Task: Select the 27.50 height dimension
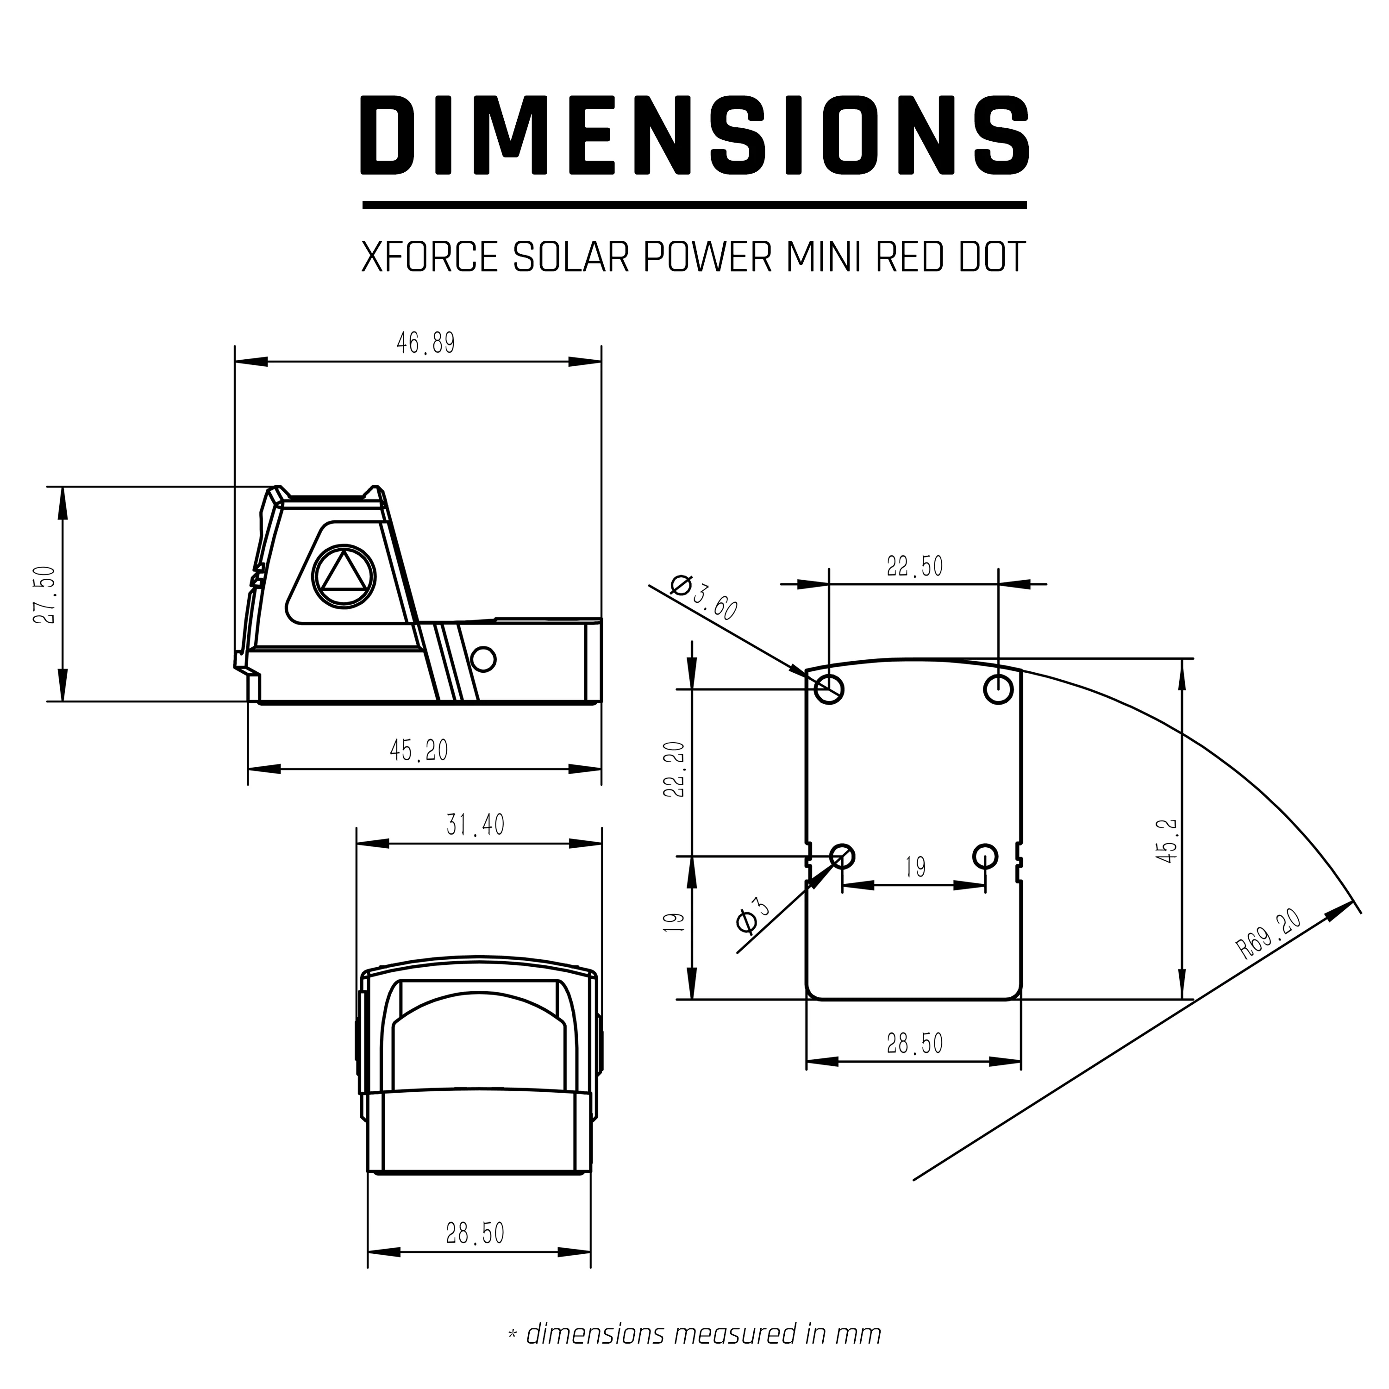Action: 44,594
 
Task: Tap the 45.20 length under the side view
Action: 419,751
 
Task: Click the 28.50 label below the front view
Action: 475,1233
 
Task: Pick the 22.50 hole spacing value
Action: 914,567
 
